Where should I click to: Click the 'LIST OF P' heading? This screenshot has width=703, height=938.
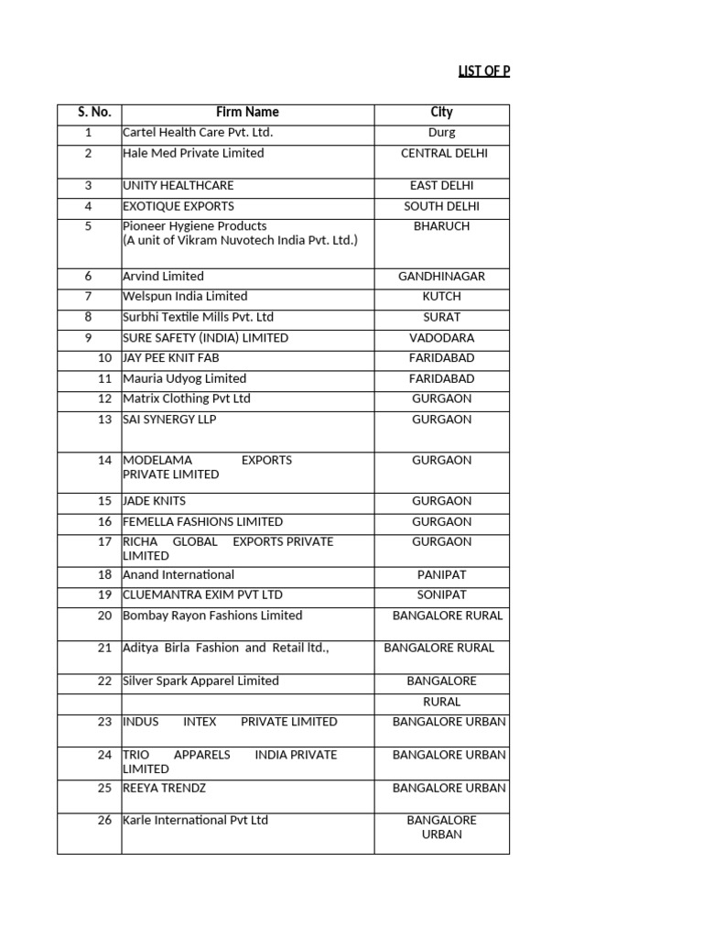tap(483, 71)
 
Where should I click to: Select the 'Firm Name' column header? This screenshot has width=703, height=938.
tap(247, 113)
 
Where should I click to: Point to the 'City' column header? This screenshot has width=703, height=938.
tap(441, 113)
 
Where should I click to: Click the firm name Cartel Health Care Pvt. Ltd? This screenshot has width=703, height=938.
tap(198, 133)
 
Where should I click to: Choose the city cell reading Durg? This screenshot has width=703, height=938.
tap(441, 133)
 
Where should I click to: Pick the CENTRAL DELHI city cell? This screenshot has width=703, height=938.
tap(444, 153)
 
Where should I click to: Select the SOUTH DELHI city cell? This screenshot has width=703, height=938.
tap(441, 206)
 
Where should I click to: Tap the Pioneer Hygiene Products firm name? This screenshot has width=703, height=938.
tap(195, 226)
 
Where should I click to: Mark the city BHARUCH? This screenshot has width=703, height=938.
tap(441, 226)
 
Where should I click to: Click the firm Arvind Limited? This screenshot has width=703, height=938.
tap(163, 277)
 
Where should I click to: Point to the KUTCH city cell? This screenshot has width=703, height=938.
tap(441, 297)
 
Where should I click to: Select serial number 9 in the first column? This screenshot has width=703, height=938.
tap(89, 338)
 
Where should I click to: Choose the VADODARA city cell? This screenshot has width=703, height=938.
tap(441, 338)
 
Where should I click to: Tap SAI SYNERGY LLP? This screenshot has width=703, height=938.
tap(169, 420)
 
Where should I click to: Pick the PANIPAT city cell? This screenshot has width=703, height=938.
tap(441, 575)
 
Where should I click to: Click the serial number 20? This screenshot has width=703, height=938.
tap(104, 616)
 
